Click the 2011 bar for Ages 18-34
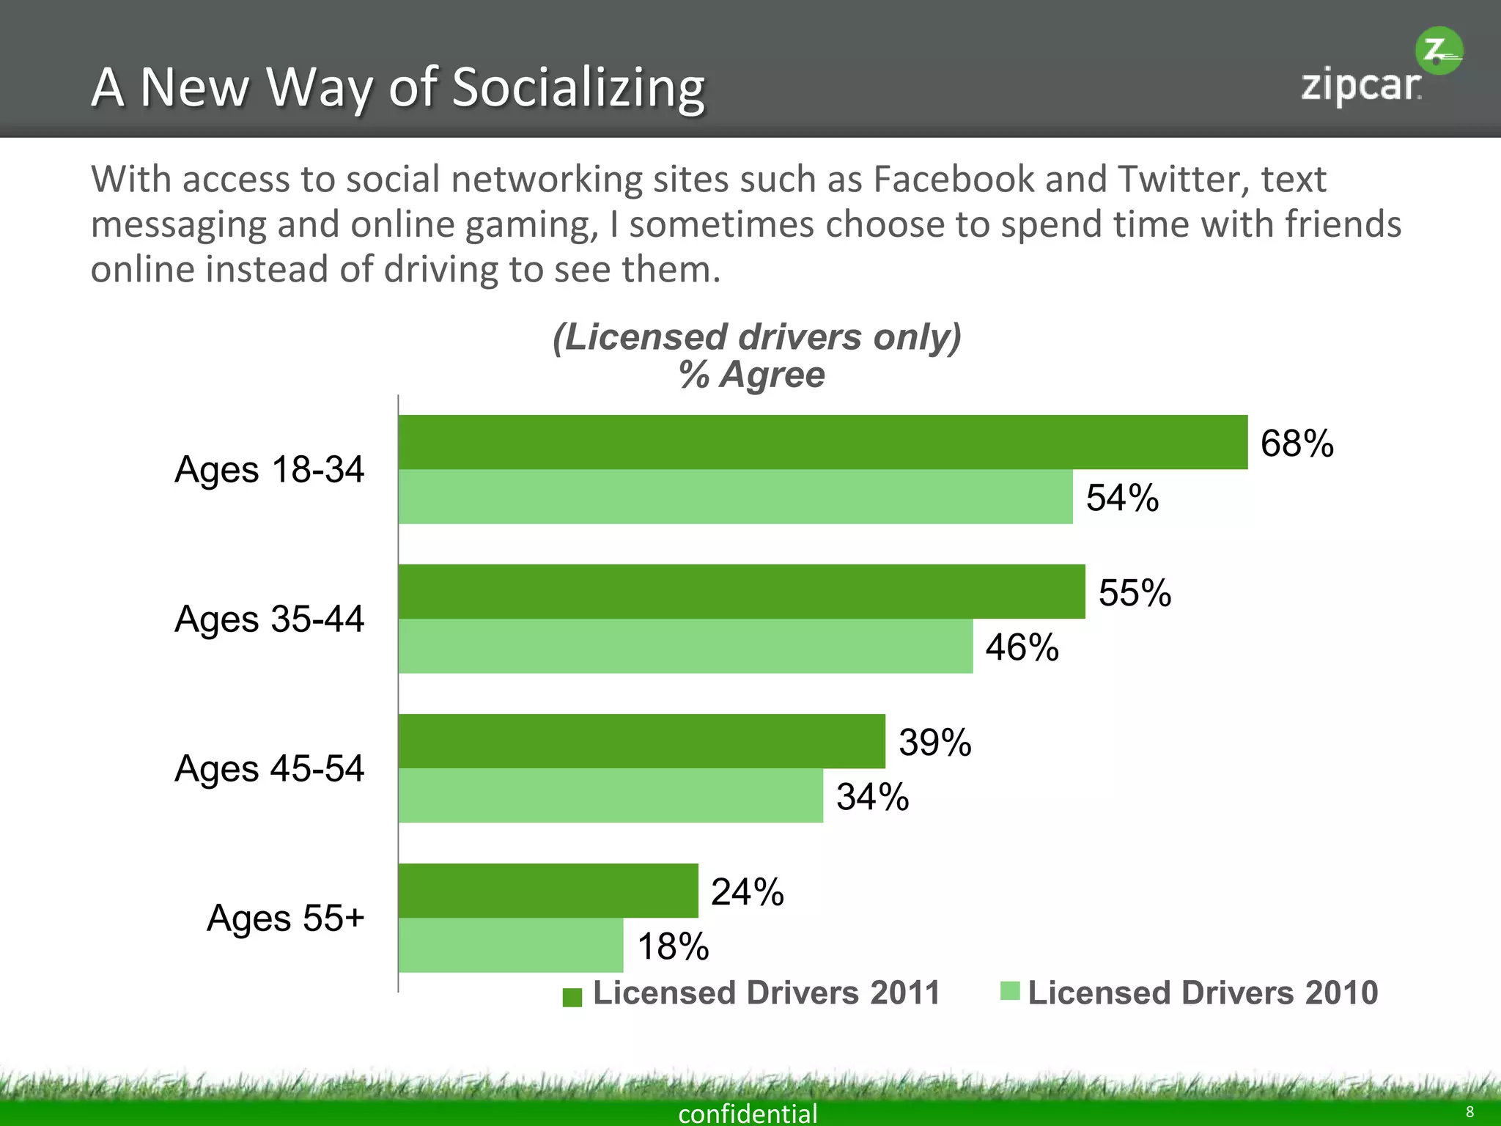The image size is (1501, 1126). [x=822, y=442]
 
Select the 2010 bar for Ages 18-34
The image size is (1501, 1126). [x=735, y=497]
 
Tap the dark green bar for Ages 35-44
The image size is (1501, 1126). [x=741, y=592]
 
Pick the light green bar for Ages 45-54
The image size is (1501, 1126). [x=611, y=795]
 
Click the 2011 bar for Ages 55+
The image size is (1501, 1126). [x=547, y=891]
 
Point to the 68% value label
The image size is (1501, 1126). [x=1297, y=444]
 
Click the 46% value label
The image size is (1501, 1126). [x=1022, y=647]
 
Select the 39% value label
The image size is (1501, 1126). [x=934, y=743]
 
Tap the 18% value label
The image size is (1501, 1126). [x=673, y=946]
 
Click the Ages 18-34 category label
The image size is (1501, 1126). [x=269, y=470]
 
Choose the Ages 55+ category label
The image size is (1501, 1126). [x=285, y=919]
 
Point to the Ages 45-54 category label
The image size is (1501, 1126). [x=269, y=769]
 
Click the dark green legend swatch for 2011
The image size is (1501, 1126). [x=572, y=997]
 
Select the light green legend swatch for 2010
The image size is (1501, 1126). [x=1010, y=991]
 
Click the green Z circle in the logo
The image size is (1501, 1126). [x=1439, y=51]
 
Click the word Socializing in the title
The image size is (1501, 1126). [x=578, y=88]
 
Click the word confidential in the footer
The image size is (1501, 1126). [x=748, y=1114]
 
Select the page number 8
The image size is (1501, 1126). [x=1469, y=1112]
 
